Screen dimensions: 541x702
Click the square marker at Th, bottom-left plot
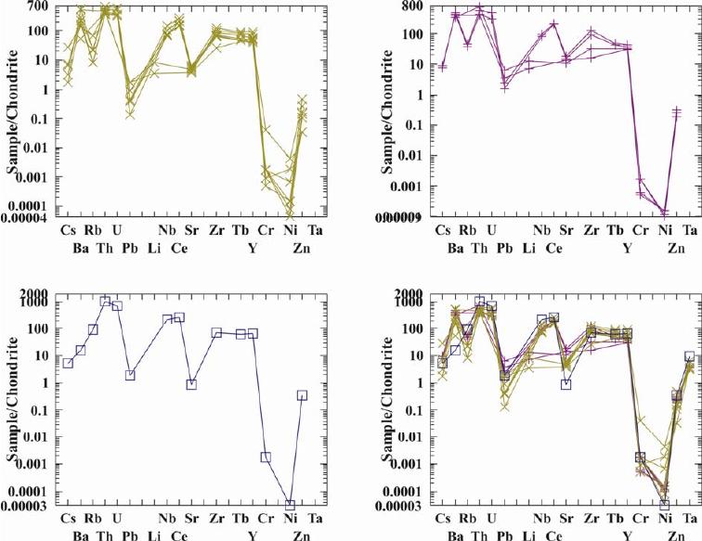(105, 302)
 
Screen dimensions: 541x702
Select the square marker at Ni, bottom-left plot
(290, 506)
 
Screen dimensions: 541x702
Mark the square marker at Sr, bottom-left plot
(191, 384)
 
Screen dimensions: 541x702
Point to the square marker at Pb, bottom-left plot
(130, 375)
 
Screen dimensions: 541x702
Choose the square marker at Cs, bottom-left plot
(68, 363)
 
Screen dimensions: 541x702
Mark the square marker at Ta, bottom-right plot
(688, 356)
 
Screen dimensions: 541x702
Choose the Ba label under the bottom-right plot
(455, 535)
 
